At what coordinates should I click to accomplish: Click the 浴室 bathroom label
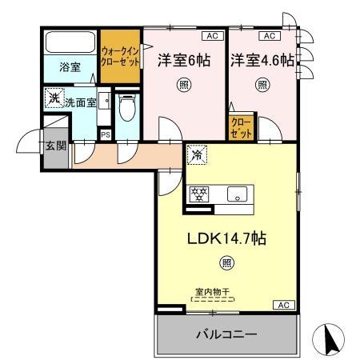(x=70, y=67)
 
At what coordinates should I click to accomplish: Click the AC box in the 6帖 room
(x=213, y=37)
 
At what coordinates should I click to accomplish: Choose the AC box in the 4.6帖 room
(x=266, y=37)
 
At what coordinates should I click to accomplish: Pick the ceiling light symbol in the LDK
(x=227, y=262)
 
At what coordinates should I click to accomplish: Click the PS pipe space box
(x=105, y=134)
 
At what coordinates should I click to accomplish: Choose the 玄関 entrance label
(x=55, y=146)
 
